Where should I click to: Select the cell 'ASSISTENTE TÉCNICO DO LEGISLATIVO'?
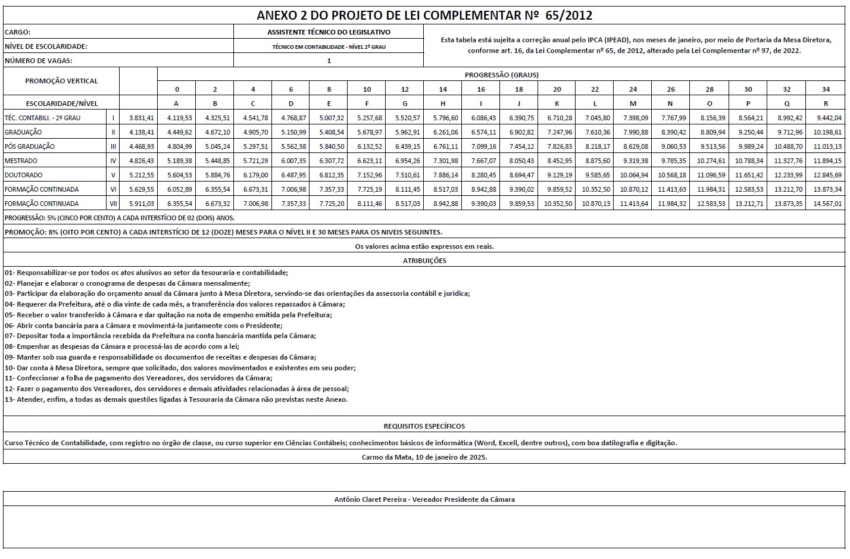[329, 32]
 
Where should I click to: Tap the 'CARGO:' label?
[17, 32]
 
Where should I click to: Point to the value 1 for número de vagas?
[329, 61]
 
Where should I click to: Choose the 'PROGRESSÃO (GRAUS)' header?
[501, 75]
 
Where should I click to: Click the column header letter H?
[443, 104]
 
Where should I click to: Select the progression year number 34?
[826, 89]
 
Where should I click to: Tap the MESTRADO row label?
[21, 161]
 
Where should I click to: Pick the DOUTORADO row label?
[23, 175]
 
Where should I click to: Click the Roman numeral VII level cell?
[113, 204]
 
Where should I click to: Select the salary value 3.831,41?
[142, 118]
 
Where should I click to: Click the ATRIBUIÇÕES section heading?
[424, 260]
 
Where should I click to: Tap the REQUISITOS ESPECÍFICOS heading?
[424, 426]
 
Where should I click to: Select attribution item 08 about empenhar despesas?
[121, 346]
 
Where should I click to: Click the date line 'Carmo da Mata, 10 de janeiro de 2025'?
[424, 457]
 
